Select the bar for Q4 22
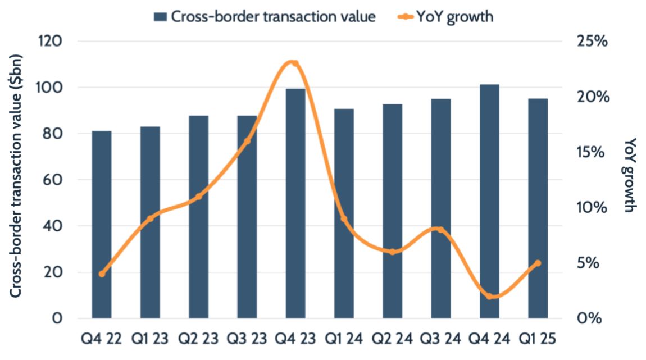[x=102, y=225]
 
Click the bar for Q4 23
[x=295, y=203]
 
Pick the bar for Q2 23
[x=198, y=217]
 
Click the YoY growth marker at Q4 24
[x=489, y=297]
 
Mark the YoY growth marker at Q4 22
[x=102, y=274]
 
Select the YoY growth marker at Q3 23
[x=247, y=140]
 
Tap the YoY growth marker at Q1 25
[x=538, y=263]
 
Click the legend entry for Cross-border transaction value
[x=264, y=17]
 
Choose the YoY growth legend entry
[x=442, y=17]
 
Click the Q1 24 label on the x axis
[x=344, y=340]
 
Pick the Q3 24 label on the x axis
[x=441, y=340]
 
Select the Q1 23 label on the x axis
[x=150, y=340]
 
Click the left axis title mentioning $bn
[x=16, y=180]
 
